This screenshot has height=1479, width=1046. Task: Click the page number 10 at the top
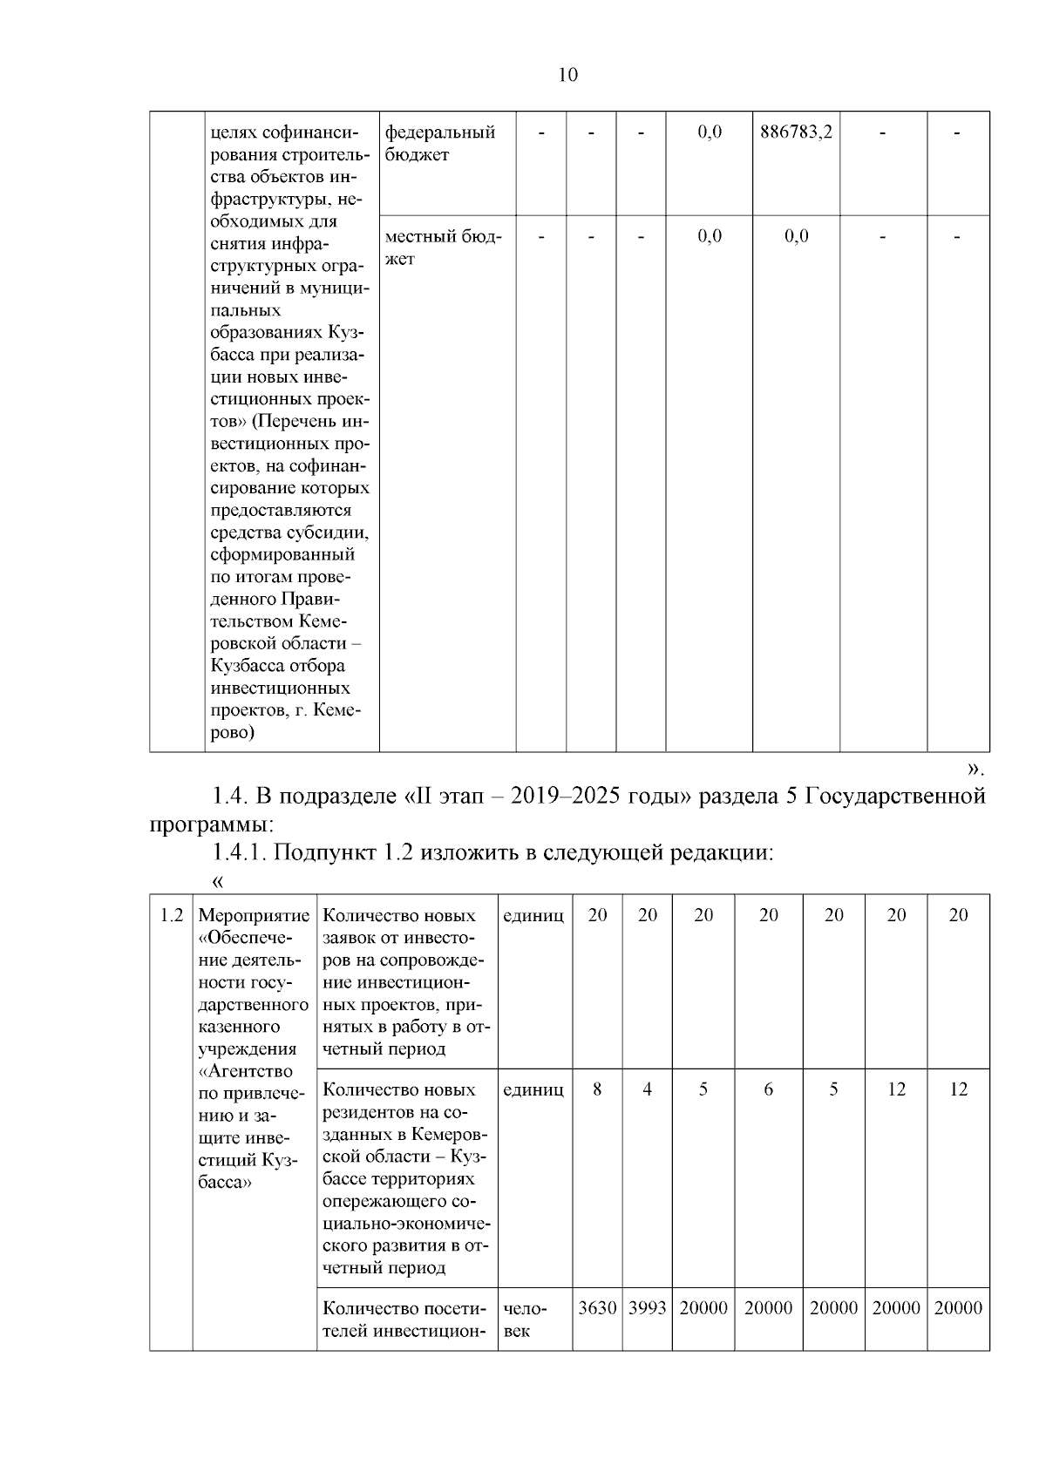tap(567, 75)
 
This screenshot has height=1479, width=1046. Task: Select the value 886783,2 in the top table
tap(796, 132)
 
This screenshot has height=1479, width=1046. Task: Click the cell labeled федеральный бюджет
tap(440, 143)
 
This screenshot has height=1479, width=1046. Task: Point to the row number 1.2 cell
tap(172, 915)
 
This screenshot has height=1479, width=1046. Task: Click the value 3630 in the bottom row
tap(597, 1308)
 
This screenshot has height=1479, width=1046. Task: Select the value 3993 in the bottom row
tap(647, 1308)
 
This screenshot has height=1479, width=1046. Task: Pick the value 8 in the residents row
tap(597, 1089)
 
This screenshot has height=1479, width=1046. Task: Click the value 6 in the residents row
tap(768, 1089)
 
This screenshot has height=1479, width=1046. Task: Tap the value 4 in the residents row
tap(647, 1089)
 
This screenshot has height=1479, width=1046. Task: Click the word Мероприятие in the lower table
tap(254, 916)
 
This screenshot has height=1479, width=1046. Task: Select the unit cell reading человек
tap(525, 1320)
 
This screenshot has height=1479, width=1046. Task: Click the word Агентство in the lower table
tap(247, 1071)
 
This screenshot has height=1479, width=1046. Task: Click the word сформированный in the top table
tap(282, 554)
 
